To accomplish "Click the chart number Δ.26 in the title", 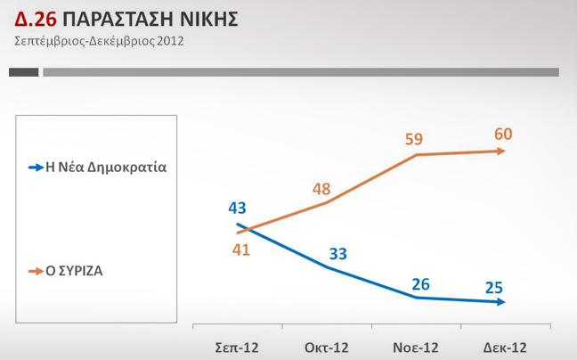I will [x=36, y=20].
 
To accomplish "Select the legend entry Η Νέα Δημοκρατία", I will [x=106, y=167].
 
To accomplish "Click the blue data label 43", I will [x=237, y=208].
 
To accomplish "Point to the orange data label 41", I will [x=240, y=250].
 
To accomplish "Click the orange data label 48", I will [x=321, y=189].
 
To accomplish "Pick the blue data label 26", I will [x=421, y=284].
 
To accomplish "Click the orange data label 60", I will [x=503, y=135].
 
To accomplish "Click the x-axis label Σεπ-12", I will [x=238, y=346].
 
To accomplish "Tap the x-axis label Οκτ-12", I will [x=326, y=346].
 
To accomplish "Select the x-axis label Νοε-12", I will [x=416, y=346].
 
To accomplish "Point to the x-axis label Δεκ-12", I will [x=504, y=346].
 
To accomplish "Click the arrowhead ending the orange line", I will [x=501, y=151].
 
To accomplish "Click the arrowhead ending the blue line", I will [x=501, y=303].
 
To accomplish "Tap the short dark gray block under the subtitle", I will [x=23, y=72].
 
